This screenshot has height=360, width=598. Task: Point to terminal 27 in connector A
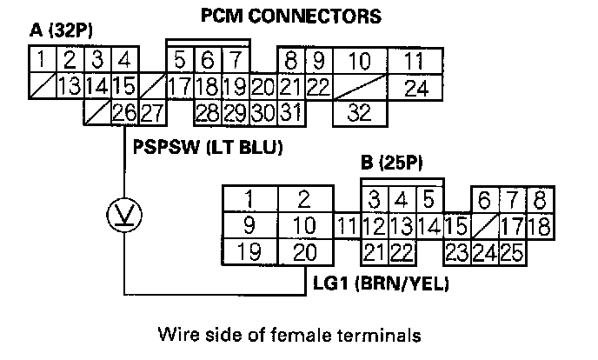(152, 112)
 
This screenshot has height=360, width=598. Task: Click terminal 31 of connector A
(290, 112)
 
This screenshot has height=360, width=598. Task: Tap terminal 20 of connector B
(304, 253)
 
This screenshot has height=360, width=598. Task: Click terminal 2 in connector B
(304, 198)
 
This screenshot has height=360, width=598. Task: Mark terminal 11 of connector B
(347, 226)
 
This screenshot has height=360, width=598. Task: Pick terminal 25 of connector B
(511, 253)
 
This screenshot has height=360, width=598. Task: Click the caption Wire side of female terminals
(297, 334)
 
